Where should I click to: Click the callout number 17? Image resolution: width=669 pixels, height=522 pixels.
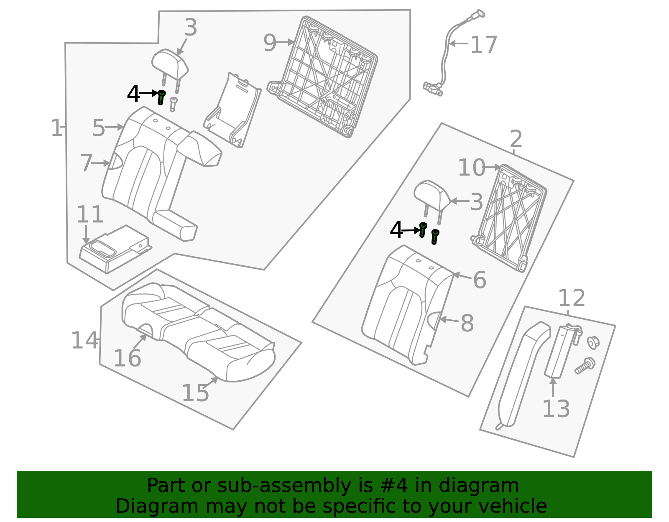483,45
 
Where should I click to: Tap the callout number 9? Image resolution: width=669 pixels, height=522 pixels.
270,43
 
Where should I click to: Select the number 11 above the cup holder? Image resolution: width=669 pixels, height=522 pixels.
89,215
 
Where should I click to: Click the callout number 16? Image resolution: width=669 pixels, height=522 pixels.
127,359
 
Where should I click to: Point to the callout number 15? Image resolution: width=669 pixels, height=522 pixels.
195,393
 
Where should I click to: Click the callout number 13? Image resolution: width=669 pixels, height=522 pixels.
556,409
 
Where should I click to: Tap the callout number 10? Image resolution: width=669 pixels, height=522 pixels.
471,168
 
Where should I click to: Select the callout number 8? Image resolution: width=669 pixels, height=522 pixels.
467,323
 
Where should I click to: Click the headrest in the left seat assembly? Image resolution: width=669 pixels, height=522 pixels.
170,64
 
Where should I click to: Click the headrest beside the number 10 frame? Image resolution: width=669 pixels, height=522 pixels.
431,194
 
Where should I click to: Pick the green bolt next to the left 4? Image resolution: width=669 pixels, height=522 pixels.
161,97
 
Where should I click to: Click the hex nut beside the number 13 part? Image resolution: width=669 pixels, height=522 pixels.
593,342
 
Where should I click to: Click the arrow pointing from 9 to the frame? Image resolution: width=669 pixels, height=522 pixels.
286,42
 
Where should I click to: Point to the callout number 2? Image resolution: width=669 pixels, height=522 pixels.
516,139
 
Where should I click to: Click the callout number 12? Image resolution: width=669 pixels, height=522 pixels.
571,298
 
